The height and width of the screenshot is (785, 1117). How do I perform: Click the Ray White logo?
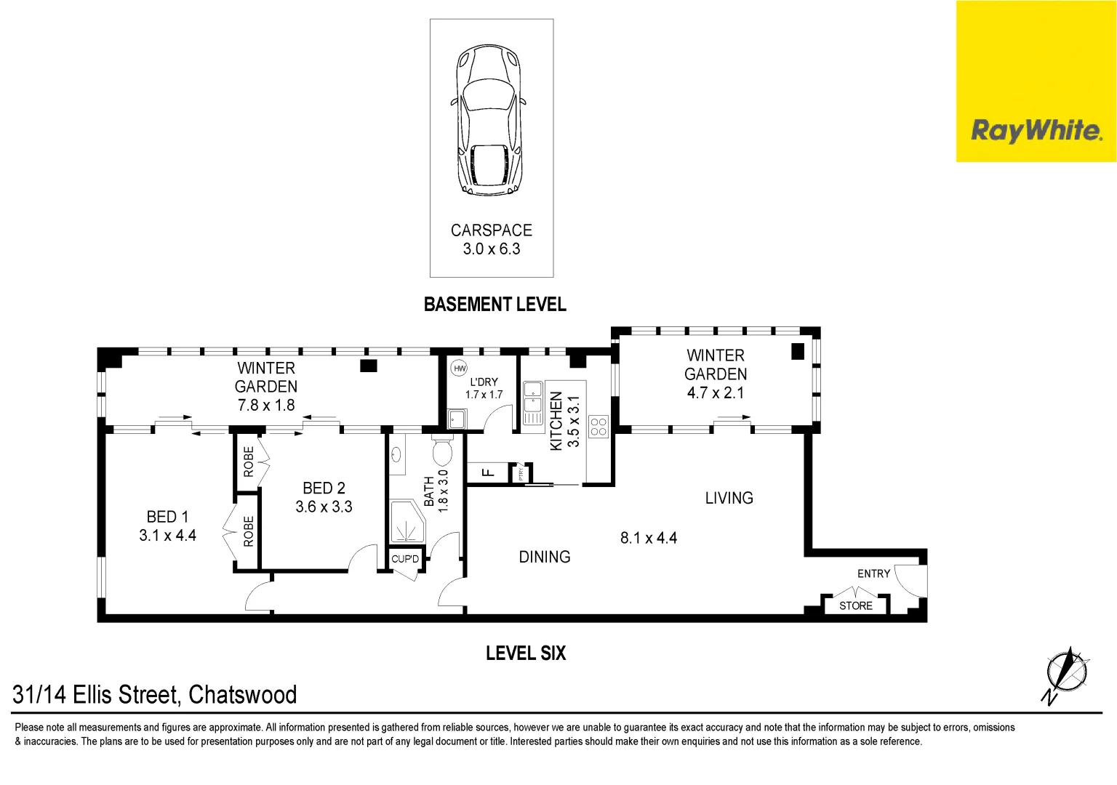tap(1036, 131)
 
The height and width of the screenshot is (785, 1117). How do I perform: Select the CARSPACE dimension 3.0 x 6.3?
tap(492, 249)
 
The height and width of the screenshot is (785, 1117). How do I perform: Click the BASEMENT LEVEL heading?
tap(495, 305)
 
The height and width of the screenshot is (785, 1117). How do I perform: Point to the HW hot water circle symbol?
tap(460, 369)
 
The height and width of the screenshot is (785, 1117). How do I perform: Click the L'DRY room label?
tap(484, 382)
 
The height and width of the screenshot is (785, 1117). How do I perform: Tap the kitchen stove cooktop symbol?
tap(598, 427)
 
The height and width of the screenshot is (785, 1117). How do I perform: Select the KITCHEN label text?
tap(556, 421)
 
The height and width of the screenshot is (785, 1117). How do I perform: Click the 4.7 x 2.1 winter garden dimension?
tap(716, 392)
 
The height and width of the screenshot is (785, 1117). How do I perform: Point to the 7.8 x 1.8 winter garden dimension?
tap(266, 406)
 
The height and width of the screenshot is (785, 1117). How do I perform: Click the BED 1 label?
tap(167, 517)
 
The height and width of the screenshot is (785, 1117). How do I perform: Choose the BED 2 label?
tap(324, 488)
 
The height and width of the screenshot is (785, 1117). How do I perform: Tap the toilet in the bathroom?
tap(441, 451)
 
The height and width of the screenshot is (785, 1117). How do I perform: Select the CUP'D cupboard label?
tap(405, 559)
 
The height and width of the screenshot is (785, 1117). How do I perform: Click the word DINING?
tap(544, 557)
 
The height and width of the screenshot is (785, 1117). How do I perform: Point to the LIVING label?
tap(729, 498)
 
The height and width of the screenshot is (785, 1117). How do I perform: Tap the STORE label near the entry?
tap(855, 605)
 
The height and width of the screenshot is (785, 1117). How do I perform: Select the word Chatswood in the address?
tap(242, 695)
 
